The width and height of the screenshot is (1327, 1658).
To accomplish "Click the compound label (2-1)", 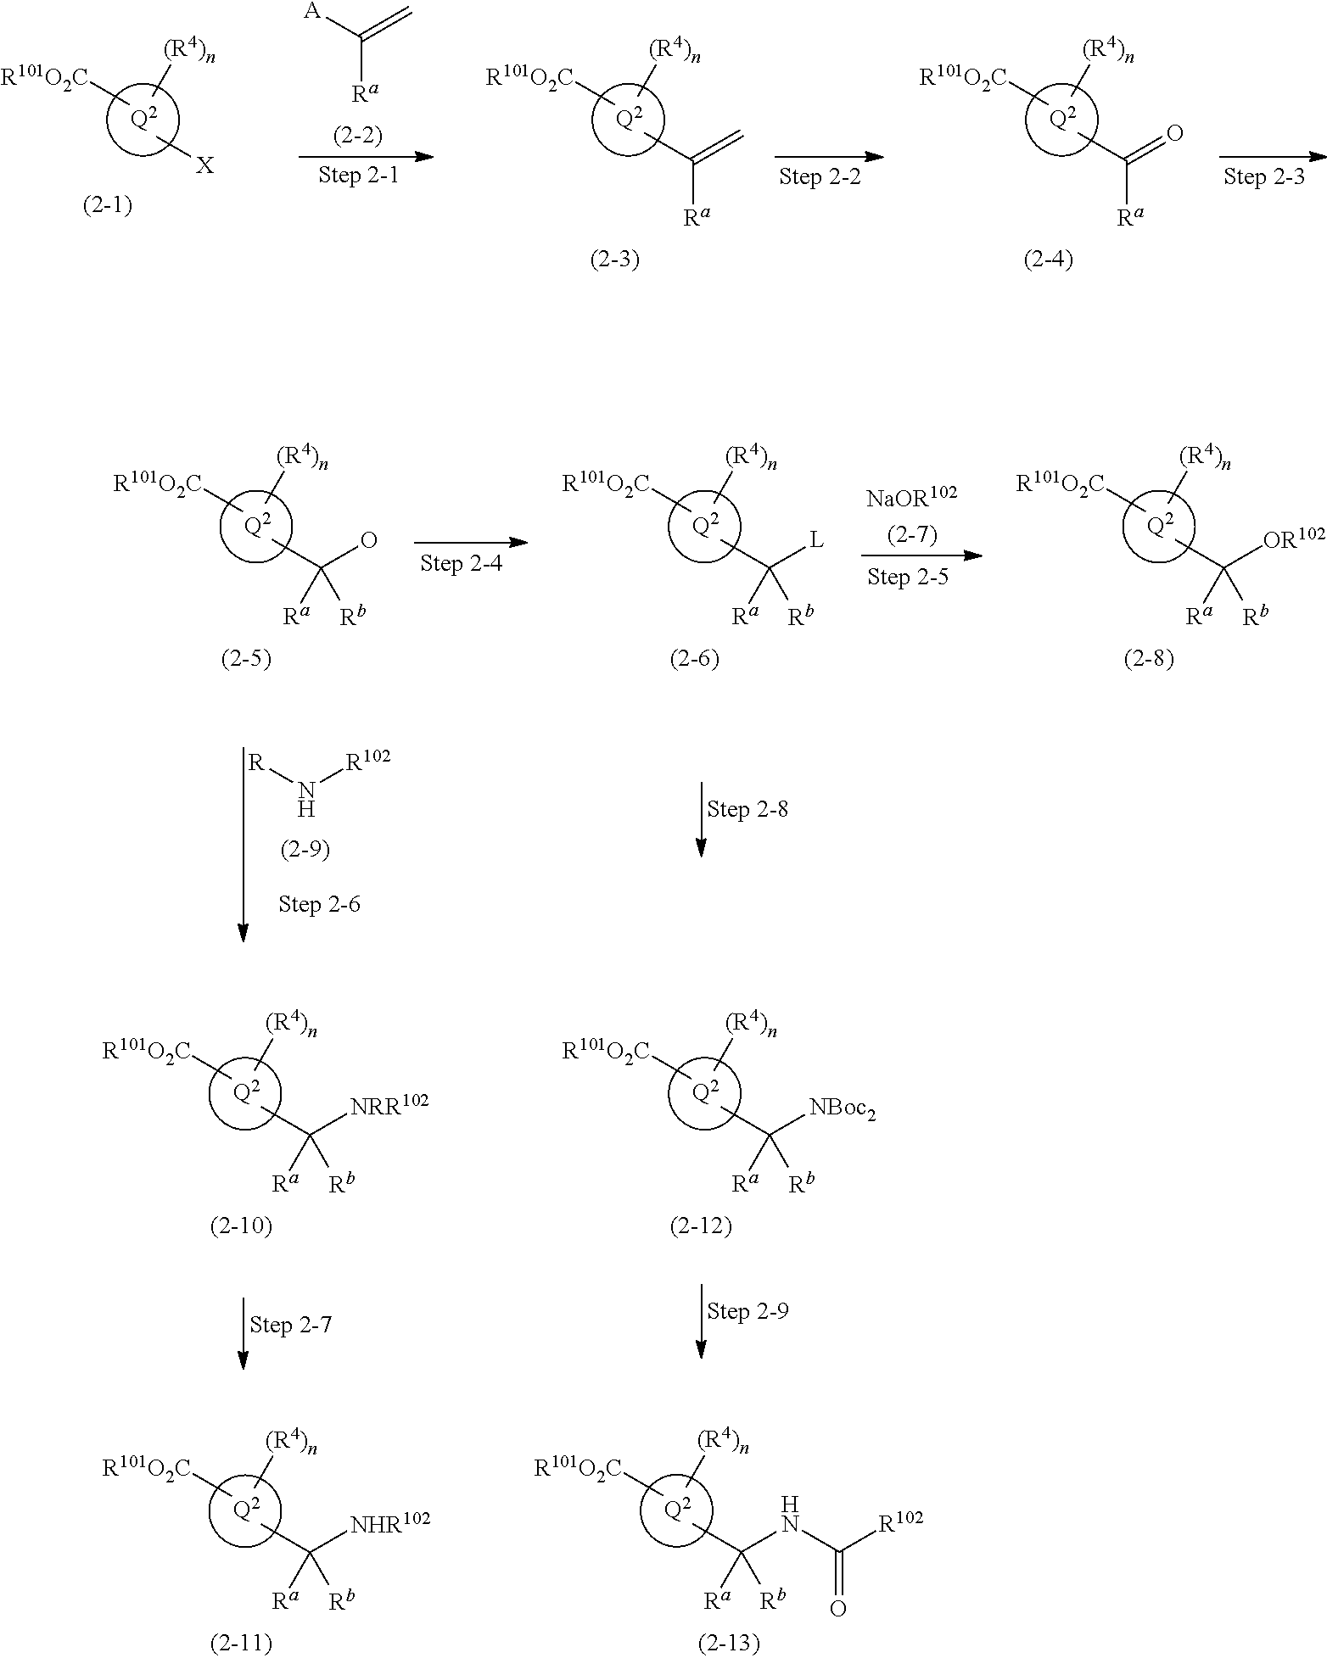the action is (x=108, y=206).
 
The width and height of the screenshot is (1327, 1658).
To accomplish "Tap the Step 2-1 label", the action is (x=358, y=176).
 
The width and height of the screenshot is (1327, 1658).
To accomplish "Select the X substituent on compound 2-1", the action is (x=205, y=166).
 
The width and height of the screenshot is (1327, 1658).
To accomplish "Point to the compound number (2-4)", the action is (x=1049, y=260).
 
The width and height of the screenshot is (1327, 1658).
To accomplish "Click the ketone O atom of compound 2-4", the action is (x=1175, y=133).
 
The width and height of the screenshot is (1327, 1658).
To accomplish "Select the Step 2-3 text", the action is (x=1263, y=176).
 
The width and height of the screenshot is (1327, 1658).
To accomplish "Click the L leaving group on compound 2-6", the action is (x=815, y=540).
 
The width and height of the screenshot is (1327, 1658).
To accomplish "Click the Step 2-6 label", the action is (x=319, y=905).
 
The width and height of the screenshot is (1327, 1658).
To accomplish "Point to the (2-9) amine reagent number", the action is (x=305, y=849).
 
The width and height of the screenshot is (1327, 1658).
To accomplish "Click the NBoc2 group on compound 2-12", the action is (x=842, y=1107).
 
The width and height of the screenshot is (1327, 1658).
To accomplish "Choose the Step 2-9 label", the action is (x=747, y=1311).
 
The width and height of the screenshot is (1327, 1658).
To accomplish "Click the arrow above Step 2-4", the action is (x=471, y=543).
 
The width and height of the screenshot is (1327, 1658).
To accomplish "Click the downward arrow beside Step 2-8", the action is (x=701, y=819).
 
